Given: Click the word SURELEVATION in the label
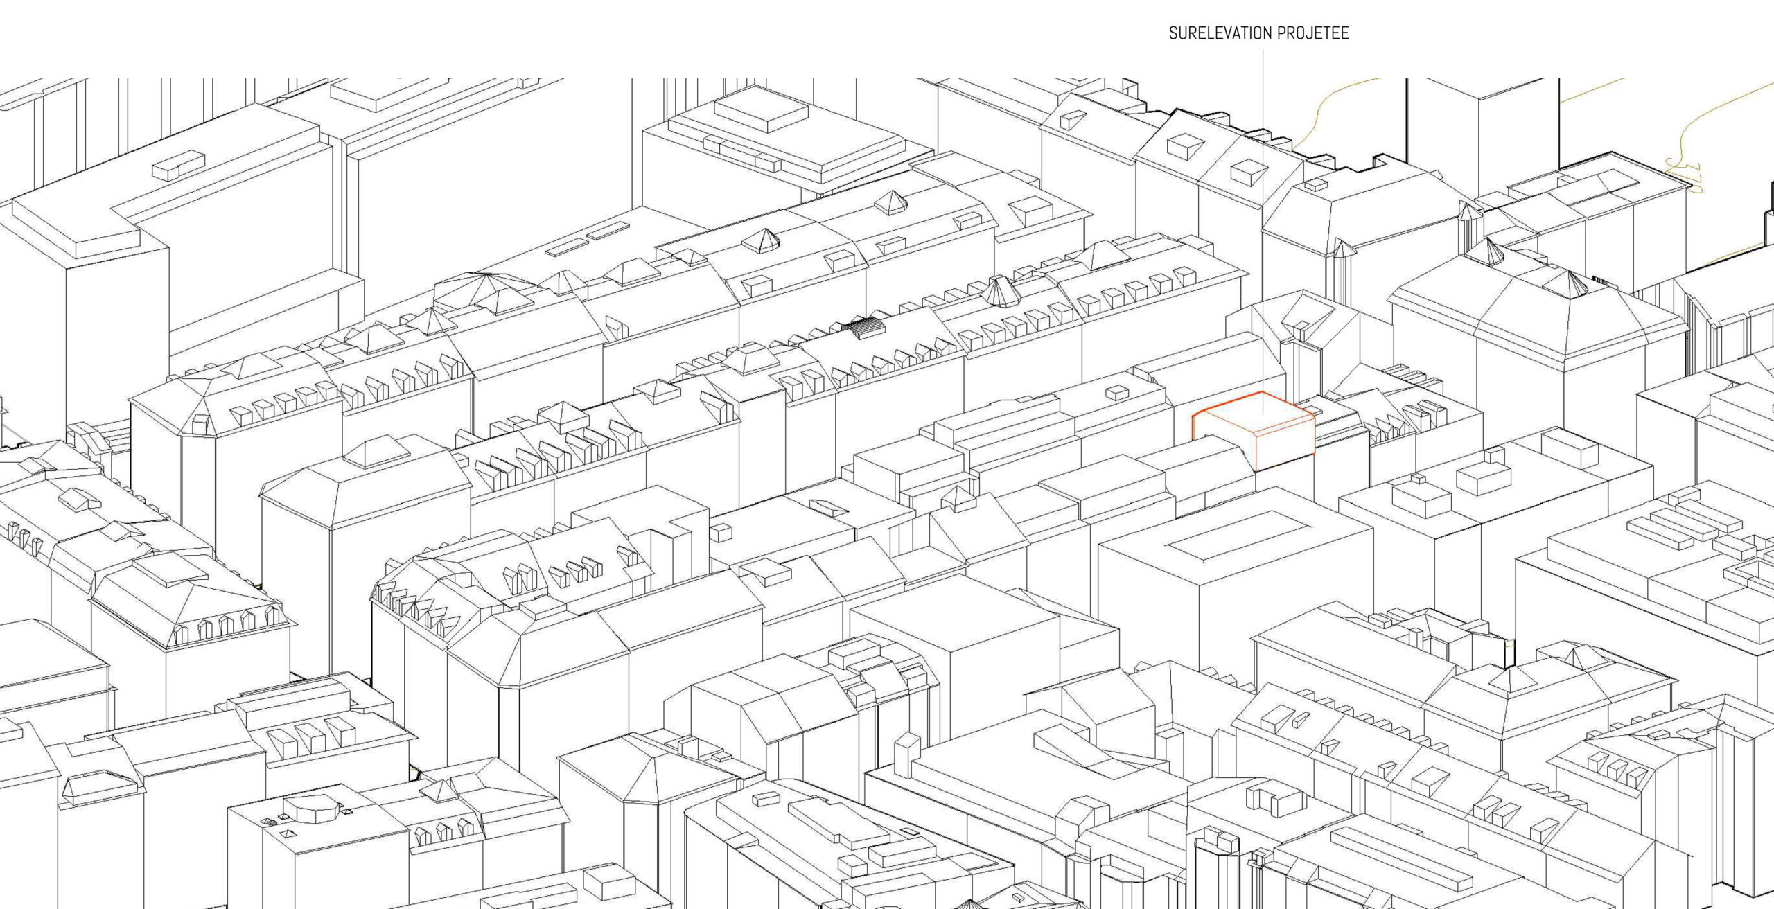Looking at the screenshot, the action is click(x=1220, y=33).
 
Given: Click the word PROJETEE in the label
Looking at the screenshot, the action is click(x=1313, y=33).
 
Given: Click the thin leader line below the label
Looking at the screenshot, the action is click(x=1262, y=229).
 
